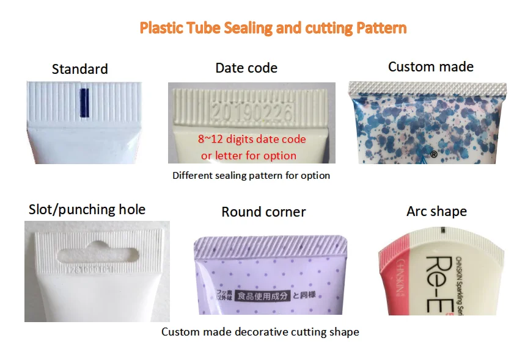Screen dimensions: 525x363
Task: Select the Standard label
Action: [x=80, y=69]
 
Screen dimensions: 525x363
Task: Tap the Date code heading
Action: [x=246, y=68]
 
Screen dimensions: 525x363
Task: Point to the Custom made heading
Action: [x=431, y=67]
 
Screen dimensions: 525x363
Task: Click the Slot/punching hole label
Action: [x=87, y=210]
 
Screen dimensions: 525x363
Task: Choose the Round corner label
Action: [x=263, y=212]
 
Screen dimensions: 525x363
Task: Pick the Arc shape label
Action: [x=436, y=212]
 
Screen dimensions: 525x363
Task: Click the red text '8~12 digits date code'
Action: [x=252, y=139]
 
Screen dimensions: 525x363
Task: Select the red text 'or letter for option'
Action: [x=249, y=156]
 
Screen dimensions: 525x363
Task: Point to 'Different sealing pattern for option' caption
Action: [x=251, y=176]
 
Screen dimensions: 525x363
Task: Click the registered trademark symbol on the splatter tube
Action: [x=433, y=154]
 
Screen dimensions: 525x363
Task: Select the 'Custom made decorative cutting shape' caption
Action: [x=260, y=332]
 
